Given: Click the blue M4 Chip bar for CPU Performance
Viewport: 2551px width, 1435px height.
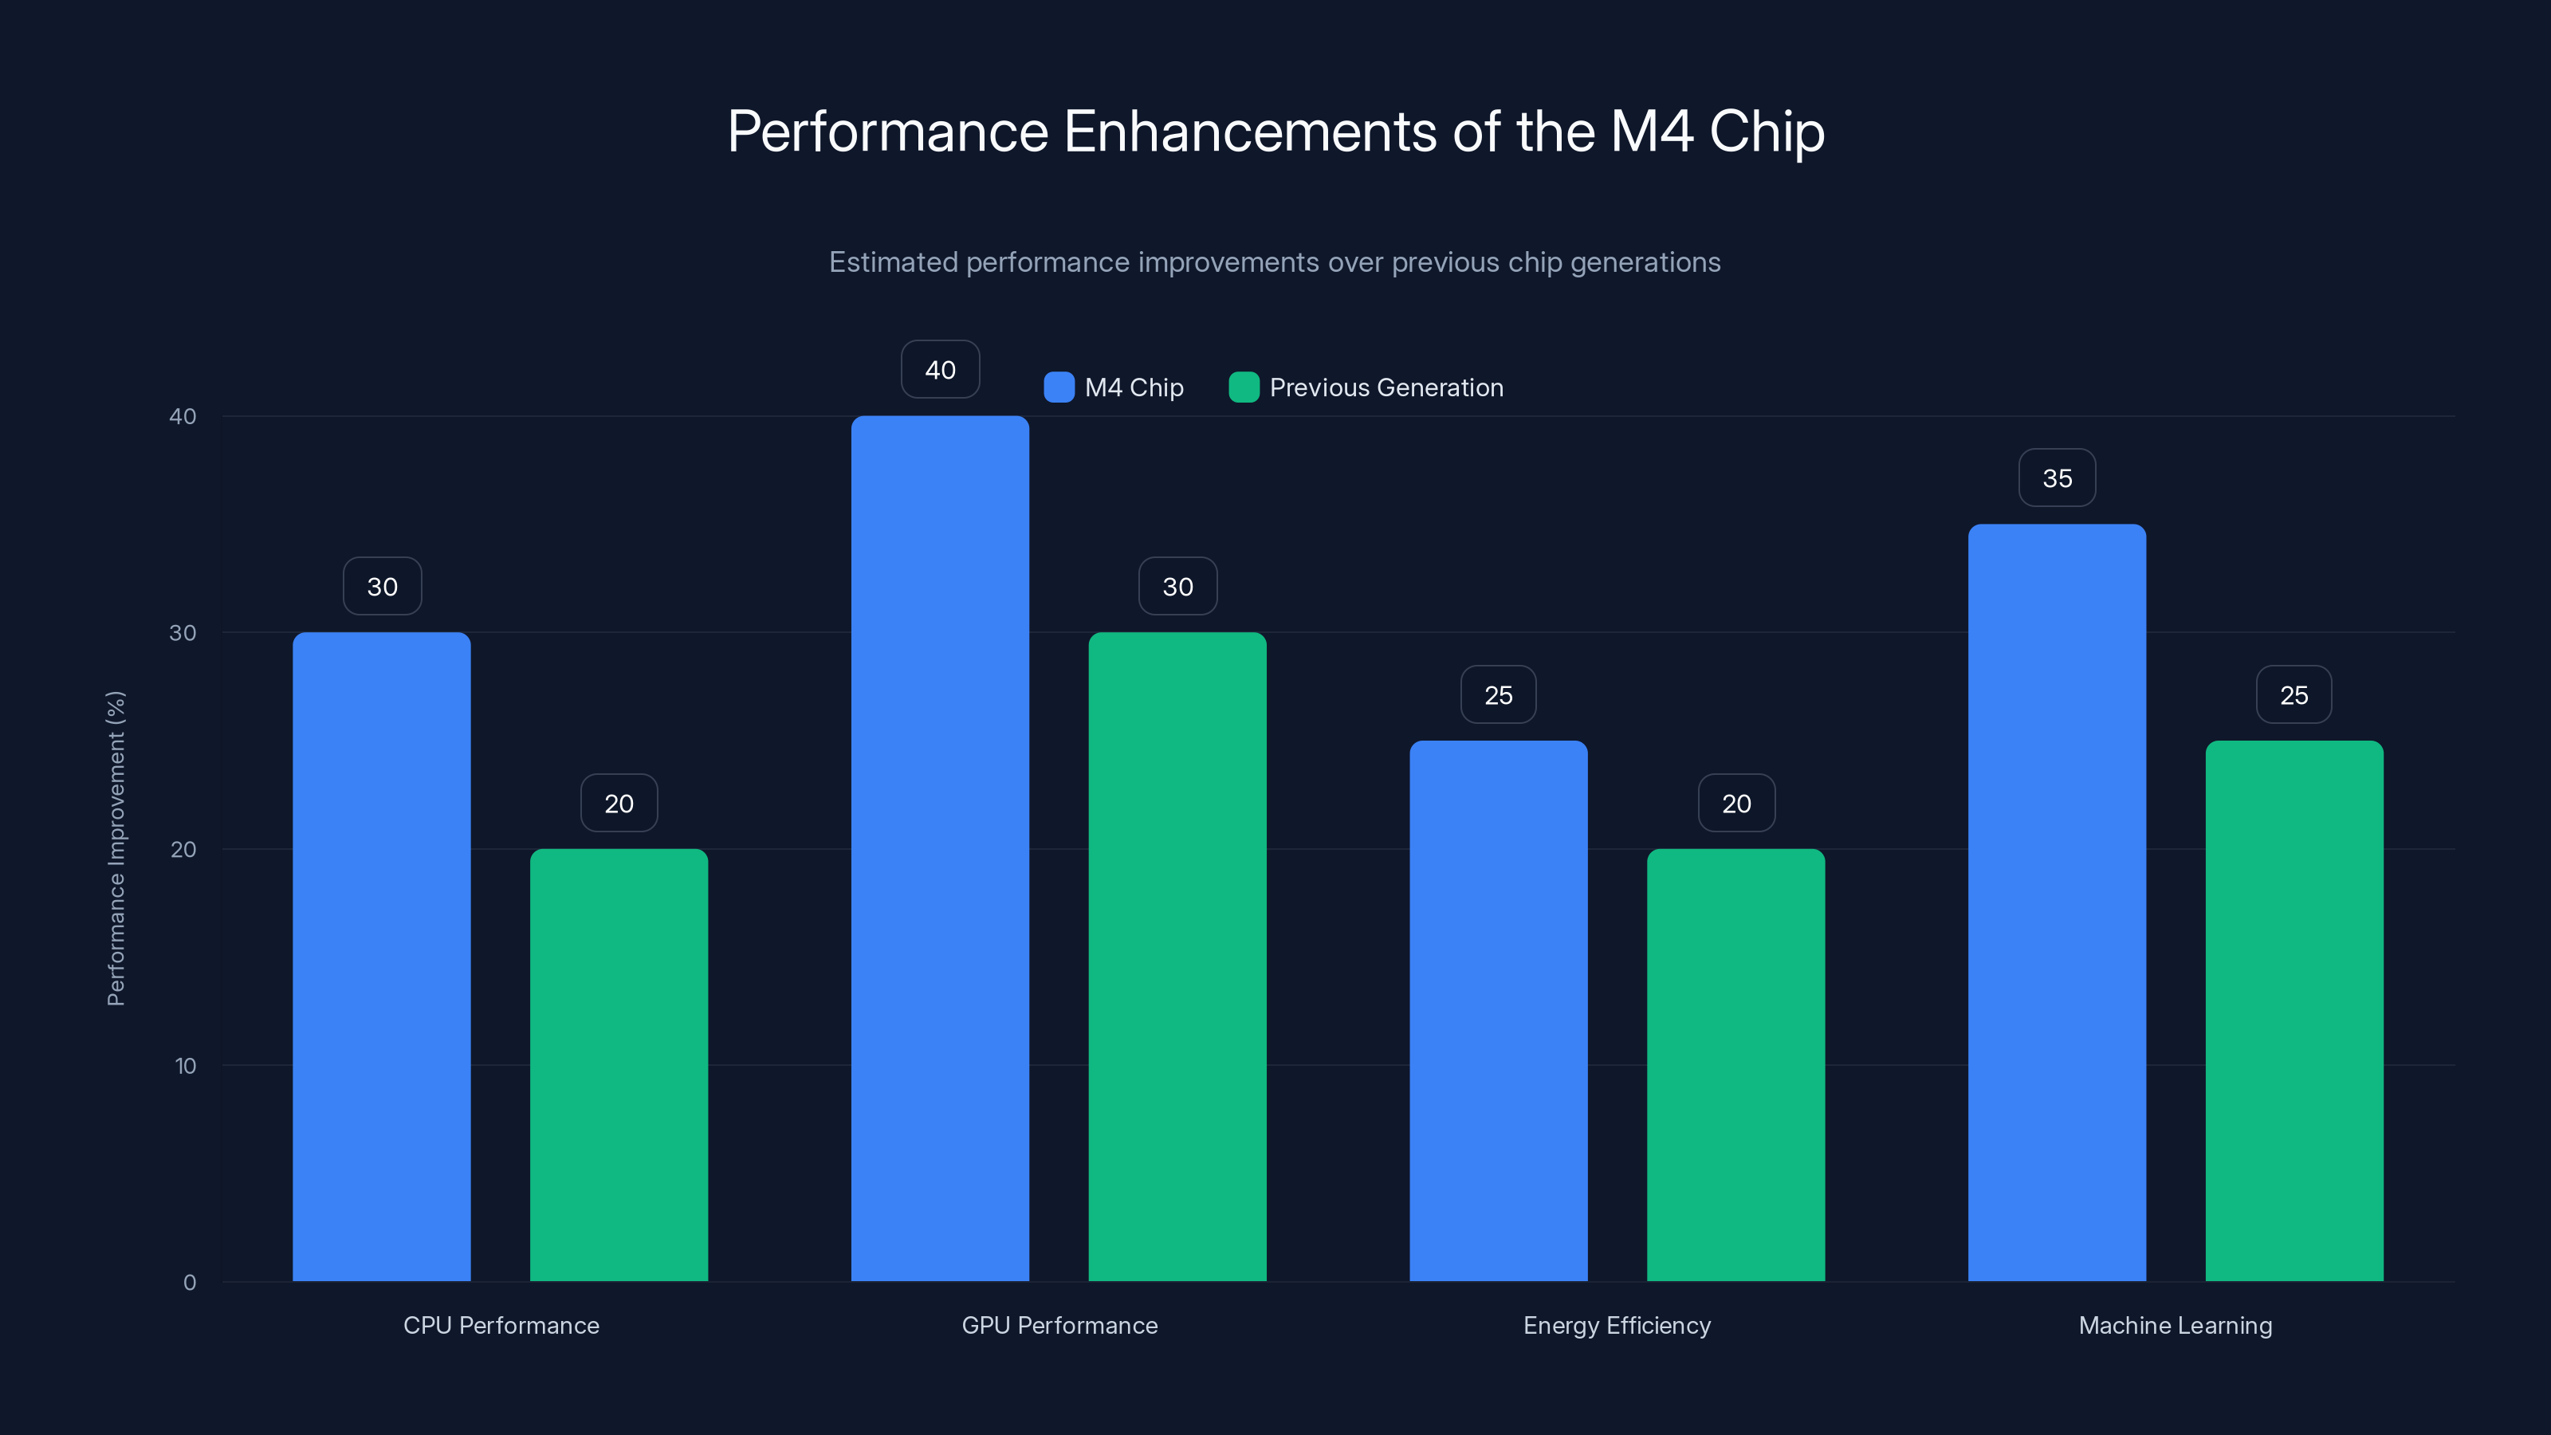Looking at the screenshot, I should [381, 957].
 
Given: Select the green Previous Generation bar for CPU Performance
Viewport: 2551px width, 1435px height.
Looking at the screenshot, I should [619, 1064].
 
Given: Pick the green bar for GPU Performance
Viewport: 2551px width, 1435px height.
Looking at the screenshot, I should [1177, 957].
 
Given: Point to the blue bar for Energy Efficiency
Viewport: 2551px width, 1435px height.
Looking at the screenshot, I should [1499, 1010].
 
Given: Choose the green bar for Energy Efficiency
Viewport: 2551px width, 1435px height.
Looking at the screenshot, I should [1736, 1064].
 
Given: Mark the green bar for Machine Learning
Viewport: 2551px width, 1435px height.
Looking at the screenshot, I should [2294, 1010].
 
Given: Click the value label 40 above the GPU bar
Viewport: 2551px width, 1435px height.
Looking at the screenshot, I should [940, 369].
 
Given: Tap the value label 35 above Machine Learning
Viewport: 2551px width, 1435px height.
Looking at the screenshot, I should [2057, 478].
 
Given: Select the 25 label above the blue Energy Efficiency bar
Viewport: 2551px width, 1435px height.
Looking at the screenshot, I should [1499, 695].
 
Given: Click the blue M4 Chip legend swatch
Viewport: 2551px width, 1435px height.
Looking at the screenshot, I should [1059, 387].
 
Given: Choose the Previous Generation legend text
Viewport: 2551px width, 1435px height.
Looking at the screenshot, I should [1386, 387].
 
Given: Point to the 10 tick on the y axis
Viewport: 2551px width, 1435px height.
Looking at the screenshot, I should [185, 1066].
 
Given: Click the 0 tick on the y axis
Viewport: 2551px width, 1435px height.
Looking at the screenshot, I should [189, 1283].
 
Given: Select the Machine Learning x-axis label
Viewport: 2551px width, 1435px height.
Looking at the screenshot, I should [2175, 1325].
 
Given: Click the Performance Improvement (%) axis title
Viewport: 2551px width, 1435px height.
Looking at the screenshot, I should [116, 849].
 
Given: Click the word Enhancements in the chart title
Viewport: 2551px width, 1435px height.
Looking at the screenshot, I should [1250, 132].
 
